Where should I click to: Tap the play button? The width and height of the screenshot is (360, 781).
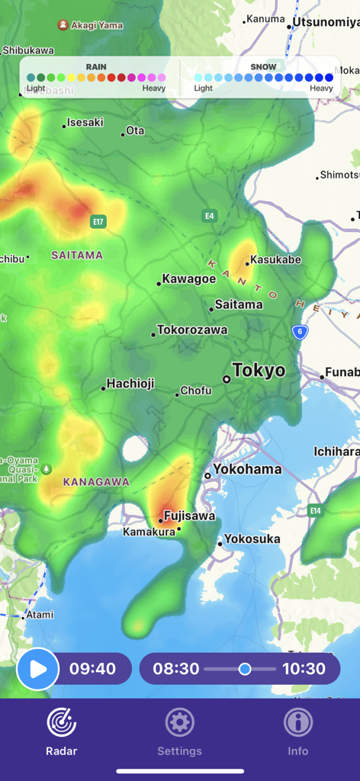(x=37, y=669)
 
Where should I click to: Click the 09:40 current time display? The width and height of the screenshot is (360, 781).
(x=92, y=669)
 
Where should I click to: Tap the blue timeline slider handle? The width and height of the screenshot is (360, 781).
(x=245, y=669)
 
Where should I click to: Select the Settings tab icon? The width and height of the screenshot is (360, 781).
(x=180, y=722)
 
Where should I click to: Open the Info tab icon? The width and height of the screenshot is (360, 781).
(x=297, y=722)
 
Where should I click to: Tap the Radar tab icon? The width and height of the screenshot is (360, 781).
(x=62, y=722)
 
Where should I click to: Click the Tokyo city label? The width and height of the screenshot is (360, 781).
(x=259, y=371)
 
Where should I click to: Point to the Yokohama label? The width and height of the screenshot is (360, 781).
(x=247, y=469)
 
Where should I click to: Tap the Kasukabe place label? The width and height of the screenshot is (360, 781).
(x=275, y=260)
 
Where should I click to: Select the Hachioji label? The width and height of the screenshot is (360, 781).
(x=130, y=384)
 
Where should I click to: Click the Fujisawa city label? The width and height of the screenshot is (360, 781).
(x=189, y=516)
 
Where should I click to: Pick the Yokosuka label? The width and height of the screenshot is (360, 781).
(x=252, y=539)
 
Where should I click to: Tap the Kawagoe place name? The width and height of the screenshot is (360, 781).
(x=189, y=279)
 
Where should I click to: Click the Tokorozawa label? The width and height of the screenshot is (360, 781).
(x=192, y=330)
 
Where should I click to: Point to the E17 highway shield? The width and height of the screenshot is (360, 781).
(x=98, y=222)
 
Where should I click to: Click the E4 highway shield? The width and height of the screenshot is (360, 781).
(x=209, y=216)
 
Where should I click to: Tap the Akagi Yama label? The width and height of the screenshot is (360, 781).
(x=96, y=25)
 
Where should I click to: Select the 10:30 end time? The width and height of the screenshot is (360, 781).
(x=304, y=669)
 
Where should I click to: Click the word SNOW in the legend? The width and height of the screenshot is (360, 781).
(x=263, y=67)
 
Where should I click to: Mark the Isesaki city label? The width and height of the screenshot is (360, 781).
(x=85, y=122)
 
